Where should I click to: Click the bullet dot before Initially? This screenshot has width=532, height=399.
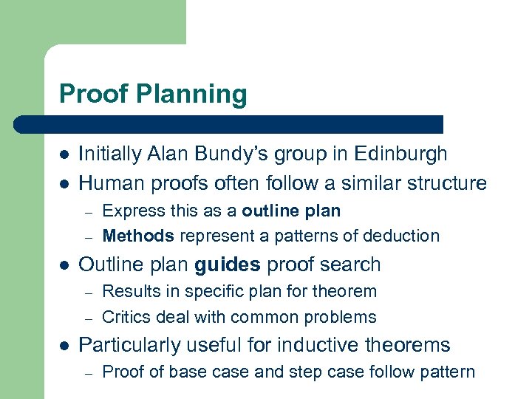tap(64, 154)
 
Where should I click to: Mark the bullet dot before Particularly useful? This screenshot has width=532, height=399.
tap(64, 346)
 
